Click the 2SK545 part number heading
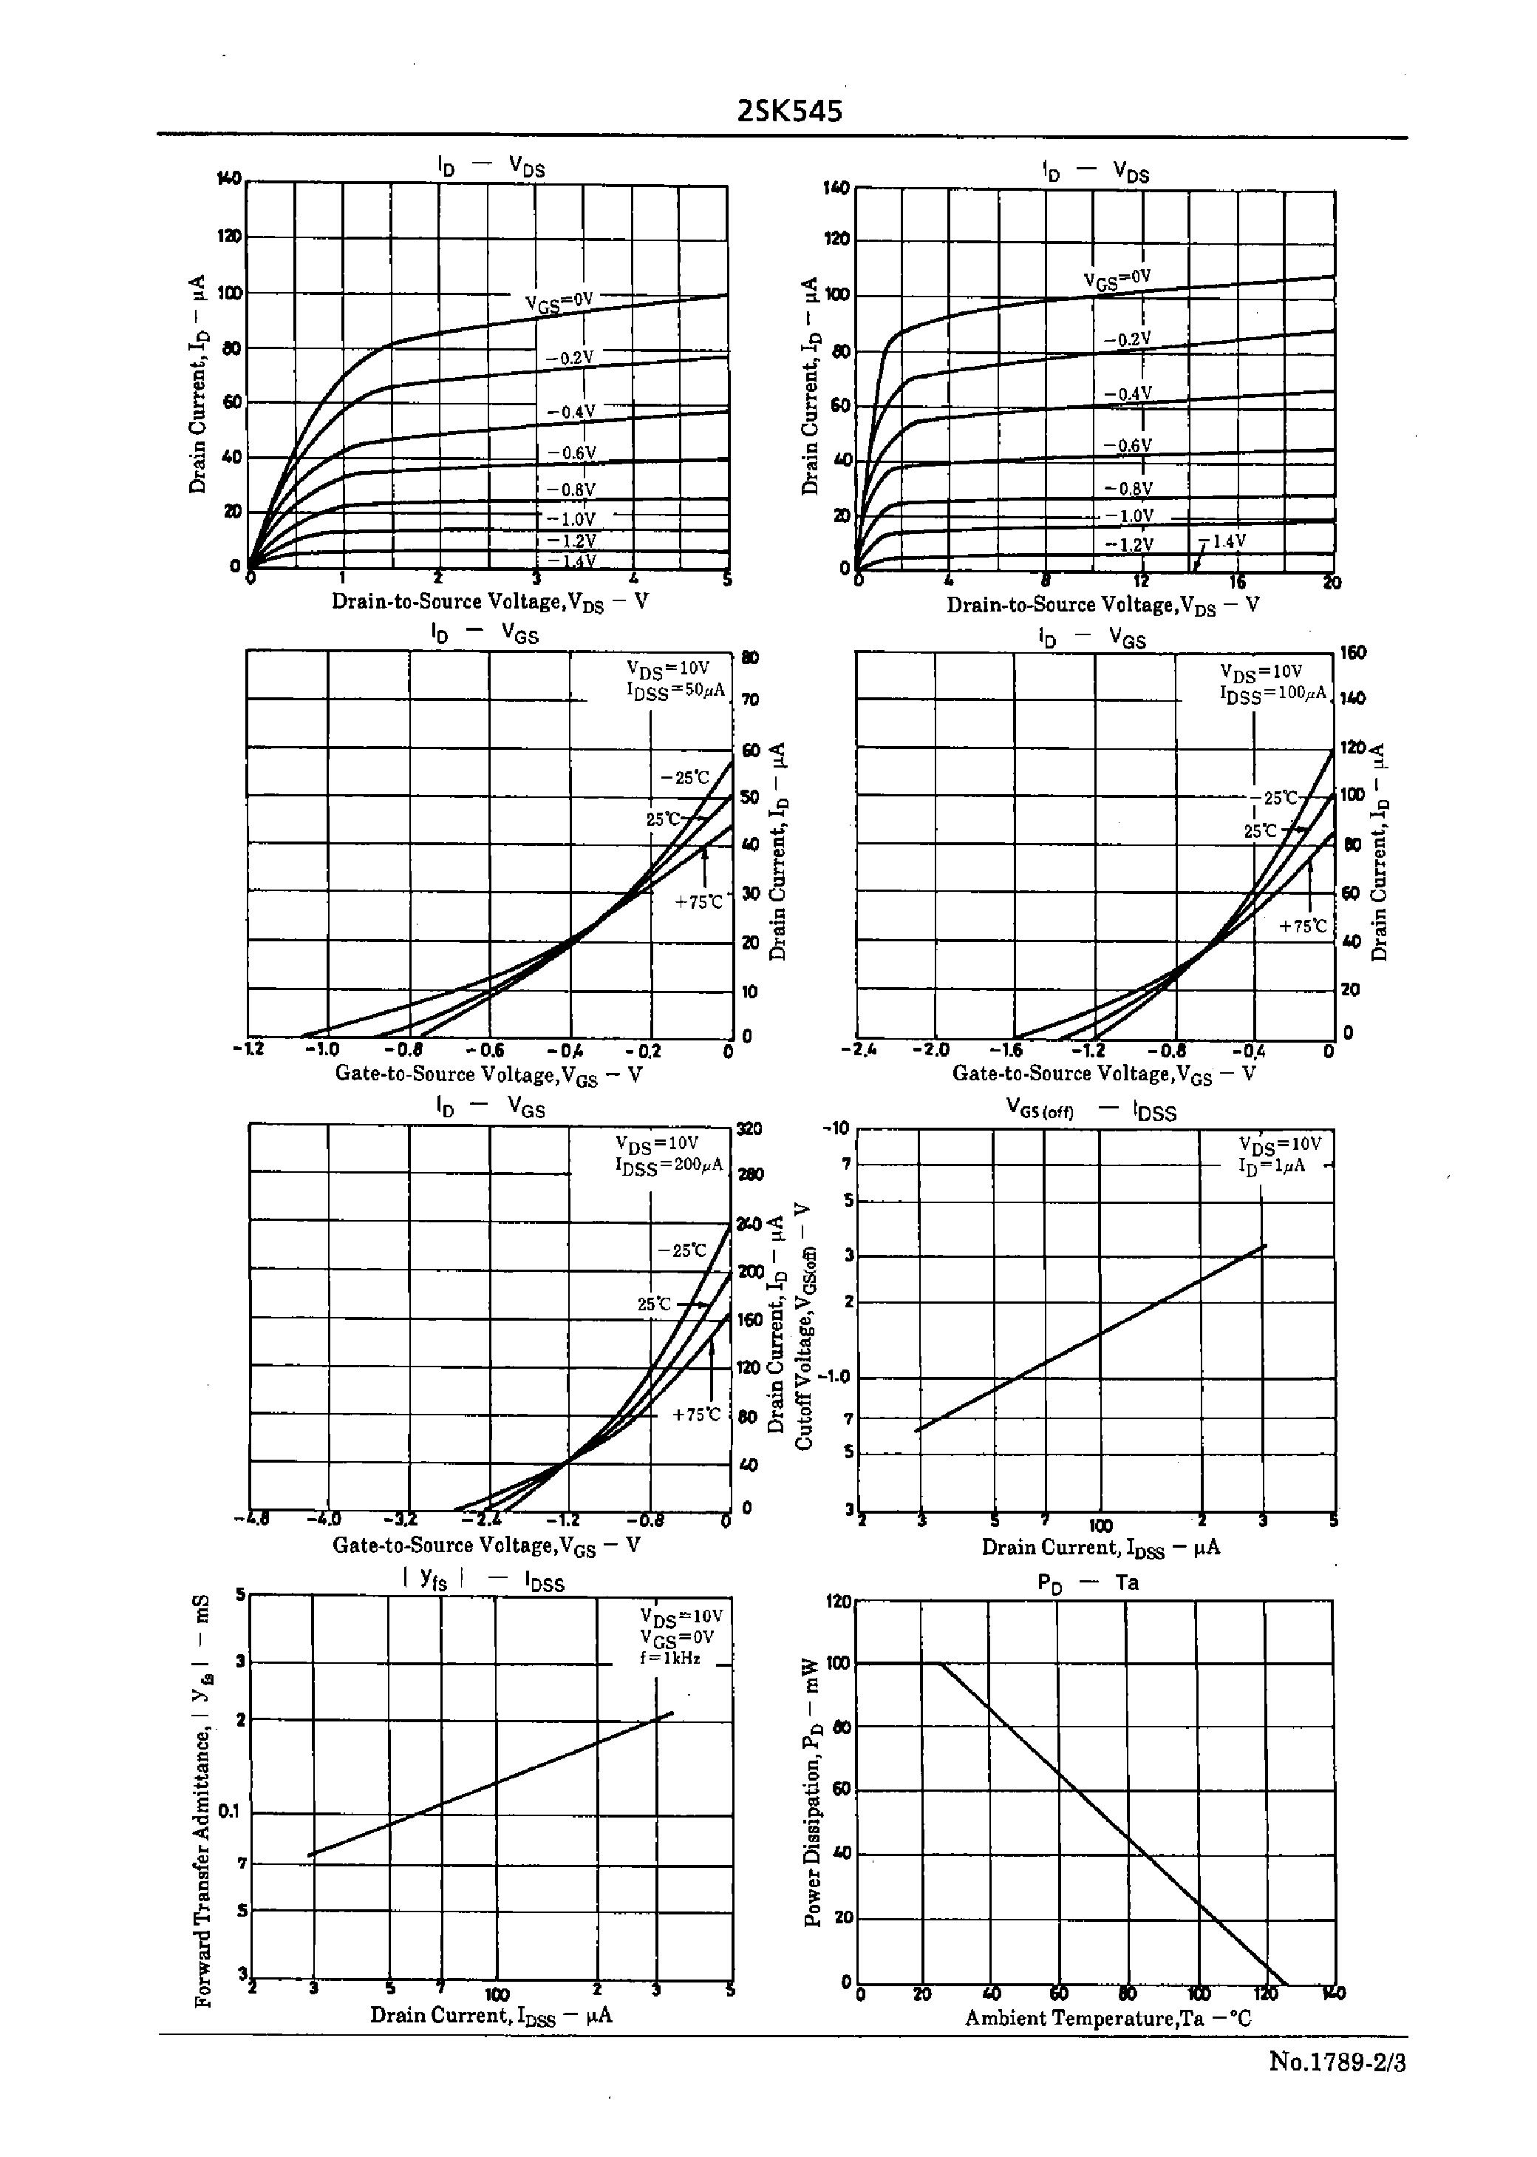pyautogui.click(x=789, y=112)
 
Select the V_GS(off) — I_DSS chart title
pyautogui.click(x=1090, y=1111)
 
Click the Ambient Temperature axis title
pyautogui.click(x=1108, y=2018)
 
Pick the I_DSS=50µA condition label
pyautogui.click(x=675, y=690)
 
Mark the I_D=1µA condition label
pyautogui.click(x=1272, y=1165)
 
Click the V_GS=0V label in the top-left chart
pyautogui.click(x=559, y=302)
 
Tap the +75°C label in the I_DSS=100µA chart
pyautogui.click(x=1303, y=926)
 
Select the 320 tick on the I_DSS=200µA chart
pyautogui.click(x=749, y=1128)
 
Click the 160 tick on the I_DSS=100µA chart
pyautogui.click(x=1354, y=652)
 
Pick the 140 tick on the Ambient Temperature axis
pyautogui.click(x=1332, y=1993)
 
